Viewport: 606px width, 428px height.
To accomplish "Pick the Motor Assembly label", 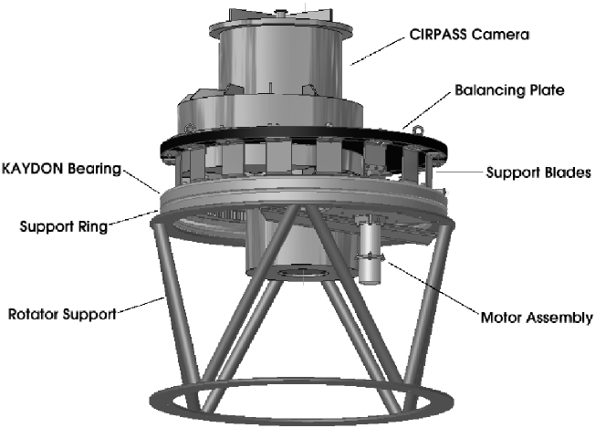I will coord(537,318).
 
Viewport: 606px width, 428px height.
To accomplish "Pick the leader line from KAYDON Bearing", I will coord(140,179).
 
